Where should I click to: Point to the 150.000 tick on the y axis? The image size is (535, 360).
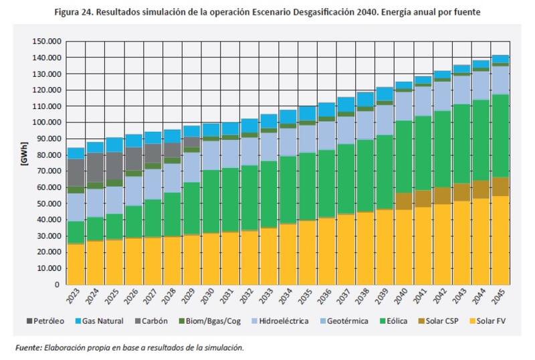[x=46, y=41]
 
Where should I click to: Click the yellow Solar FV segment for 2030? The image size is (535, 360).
[x=211, y=258]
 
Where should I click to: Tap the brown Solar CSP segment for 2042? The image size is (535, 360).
[x=443, y=195]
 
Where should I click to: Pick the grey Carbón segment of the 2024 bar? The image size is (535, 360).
[x=95, y=167]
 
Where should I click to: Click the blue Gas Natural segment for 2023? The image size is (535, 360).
[x=76, y=153]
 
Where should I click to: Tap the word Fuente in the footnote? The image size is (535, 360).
[x=29, y=347]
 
